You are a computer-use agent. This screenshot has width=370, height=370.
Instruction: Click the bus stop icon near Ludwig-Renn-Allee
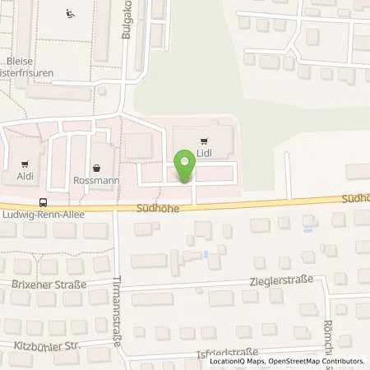(x=43, y=201)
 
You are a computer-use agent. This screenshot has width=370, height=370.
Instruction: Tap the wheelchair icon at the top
(x=72, y=12)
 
